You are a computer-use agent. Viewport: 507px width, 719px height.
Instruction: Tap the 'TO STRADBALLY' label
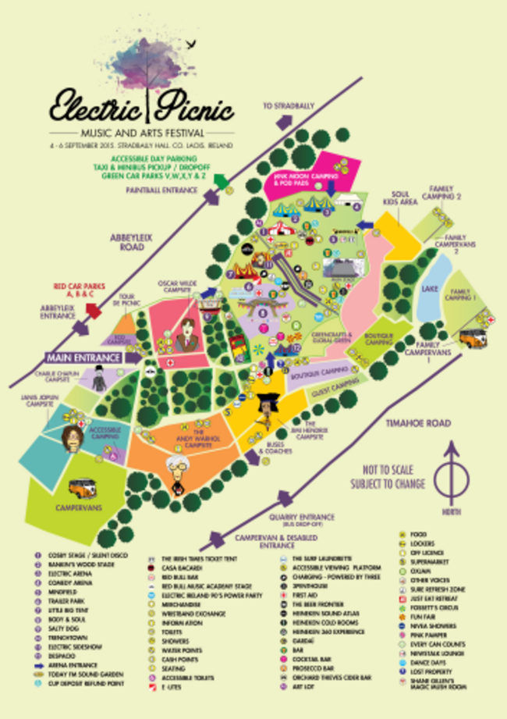click(286, 105)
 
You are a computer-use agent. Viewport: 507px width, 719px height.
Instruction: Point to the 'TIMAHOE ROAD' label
click(419, 422)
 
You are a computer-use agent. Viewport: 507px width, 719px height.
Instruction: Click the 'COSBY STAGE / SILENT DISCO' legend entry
click(73, 555)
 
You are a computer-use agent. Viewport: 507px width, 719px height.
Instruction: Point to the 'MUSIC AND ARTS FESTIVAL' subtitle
click(143, 131)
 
